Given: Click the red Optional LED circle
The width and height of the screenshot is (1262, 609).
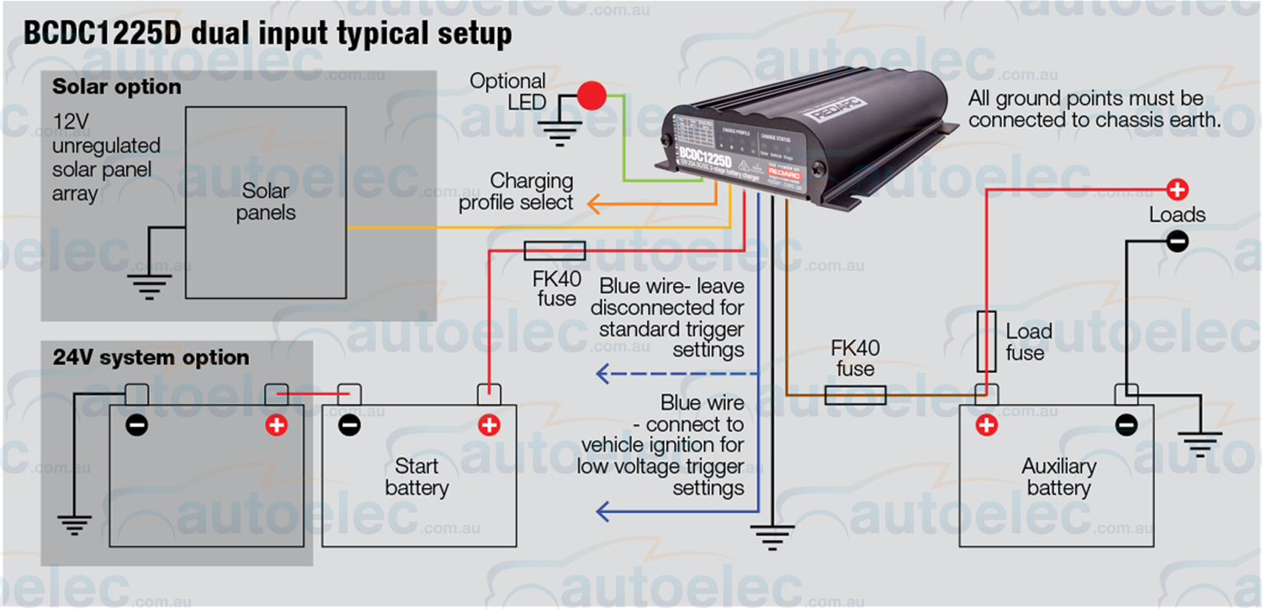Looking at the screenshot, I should pos(592,95).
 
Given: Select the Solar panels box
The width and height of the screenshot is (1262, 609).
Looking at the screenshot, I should pos(266,202).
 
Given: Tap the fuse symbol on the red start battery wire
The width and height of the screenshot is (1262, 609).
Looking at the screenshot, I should pos(554,250).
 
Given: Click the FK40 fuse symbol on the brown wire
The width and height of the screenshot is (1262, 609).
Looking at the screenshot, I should pos(855,395).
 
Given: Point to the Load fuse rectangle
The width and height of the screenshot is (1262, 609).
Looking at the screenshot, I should pos(987,341).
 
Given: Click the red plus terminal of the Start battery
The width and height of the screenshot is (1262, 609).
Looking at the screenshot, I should pos(488,425).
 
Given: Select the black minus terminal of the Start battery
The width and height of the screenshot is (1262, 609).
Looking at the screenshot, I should pos(349,425).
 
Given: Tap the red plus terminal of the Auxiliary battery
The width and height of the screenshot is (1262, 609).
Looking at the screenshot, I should pos(986,425).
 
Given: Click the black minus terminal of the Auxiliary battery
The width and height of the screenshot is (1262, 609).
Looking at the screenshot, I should pos(1126,425).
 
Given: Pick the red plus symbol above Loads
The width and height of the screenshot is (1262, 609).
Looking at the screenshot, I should pos(1177,189).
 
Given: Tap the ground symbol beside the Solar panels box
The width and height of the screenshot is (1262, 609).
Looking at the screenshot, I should pos(150,285).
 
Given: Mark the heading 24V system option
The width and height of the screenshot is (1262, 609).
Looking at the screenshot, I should pos(151,357).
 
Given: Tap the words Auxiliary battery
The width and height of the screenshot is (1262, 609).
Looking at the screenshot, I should pos(1058,477).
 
